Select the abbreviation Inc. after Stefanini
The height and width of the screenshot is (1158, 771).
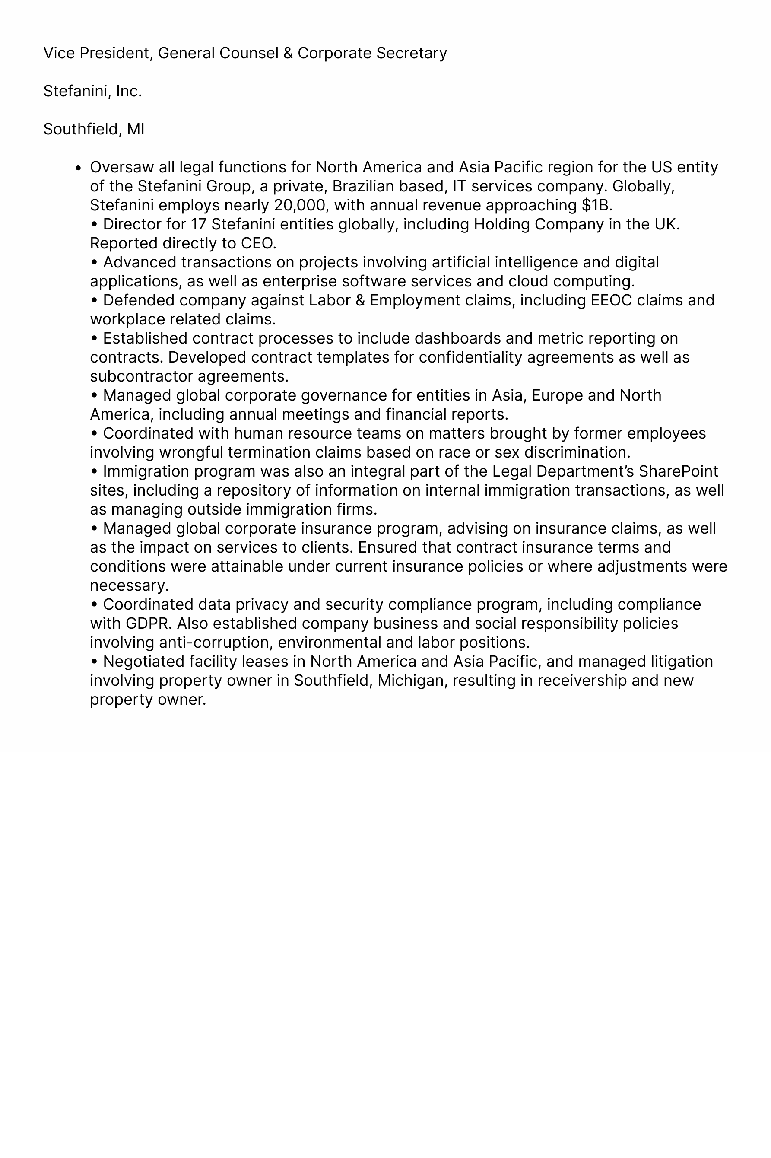pos(129,92)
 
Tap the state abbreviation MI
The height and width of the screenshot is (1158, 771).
pos(136,129)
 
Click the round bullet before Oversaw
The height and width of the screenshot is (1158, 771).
pos(78,168)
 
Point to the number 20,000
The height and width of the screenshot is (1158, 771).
pos(301,206)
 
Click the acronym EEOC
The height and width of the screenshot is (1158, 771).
pos(611,301)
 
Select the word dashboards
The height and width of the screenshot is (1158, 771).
pos(455,339)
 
